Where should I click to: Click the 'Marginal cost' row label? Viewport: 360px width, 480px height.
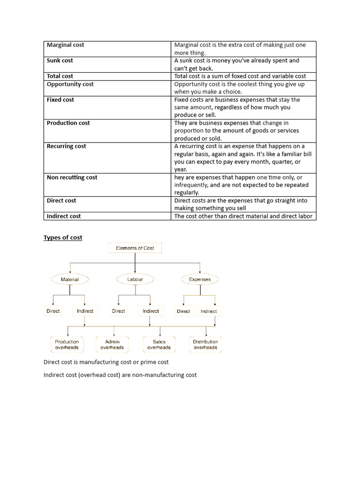coord(66,45)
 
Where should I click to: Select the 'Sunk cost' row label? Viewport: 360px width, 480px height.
coord(60,60)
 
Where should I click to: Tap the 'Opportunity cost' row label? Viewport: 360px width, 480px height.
coord(70,84)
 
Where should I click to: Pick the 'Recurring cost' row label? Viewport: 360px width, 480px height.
coord(67,146)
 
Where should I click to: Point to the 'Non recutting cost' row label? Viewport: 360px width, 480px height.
coord(72,177)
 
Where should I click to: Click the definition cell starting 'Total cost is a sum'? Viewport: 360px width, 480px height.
coord(240,76)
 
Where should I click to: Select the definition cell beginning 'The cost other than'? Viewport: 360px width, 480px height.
coord(243,216)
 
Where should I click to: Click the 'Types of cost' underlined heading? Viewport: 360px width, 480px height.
coord(63,238)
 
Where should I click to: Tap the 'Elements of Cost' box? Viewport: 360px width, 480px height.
coord(135,248)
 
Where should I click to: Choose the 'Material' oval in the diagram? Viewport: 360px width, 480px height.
coord(70,279)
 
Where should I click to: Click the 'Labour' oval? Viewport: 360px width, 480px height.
coord(135,279)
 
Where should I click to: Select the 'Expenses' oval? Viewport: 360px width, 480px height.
coord(200,279)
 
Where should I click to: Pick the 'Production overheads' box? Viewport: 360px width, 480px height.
coord(67,345)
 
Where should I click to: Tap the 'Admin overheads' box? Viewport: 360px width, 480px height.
coord(112,345)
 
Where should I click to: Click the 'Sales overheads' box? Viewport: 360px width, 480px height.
coord(159,345)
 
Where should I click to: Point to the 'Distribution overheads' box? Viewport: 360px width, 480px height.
coord(205,345)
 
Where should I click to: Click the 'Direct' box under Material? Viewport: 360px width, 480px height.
coord(53,311)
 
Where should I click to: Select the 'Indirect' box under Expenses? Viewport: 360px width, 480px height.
coord(209,311)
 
